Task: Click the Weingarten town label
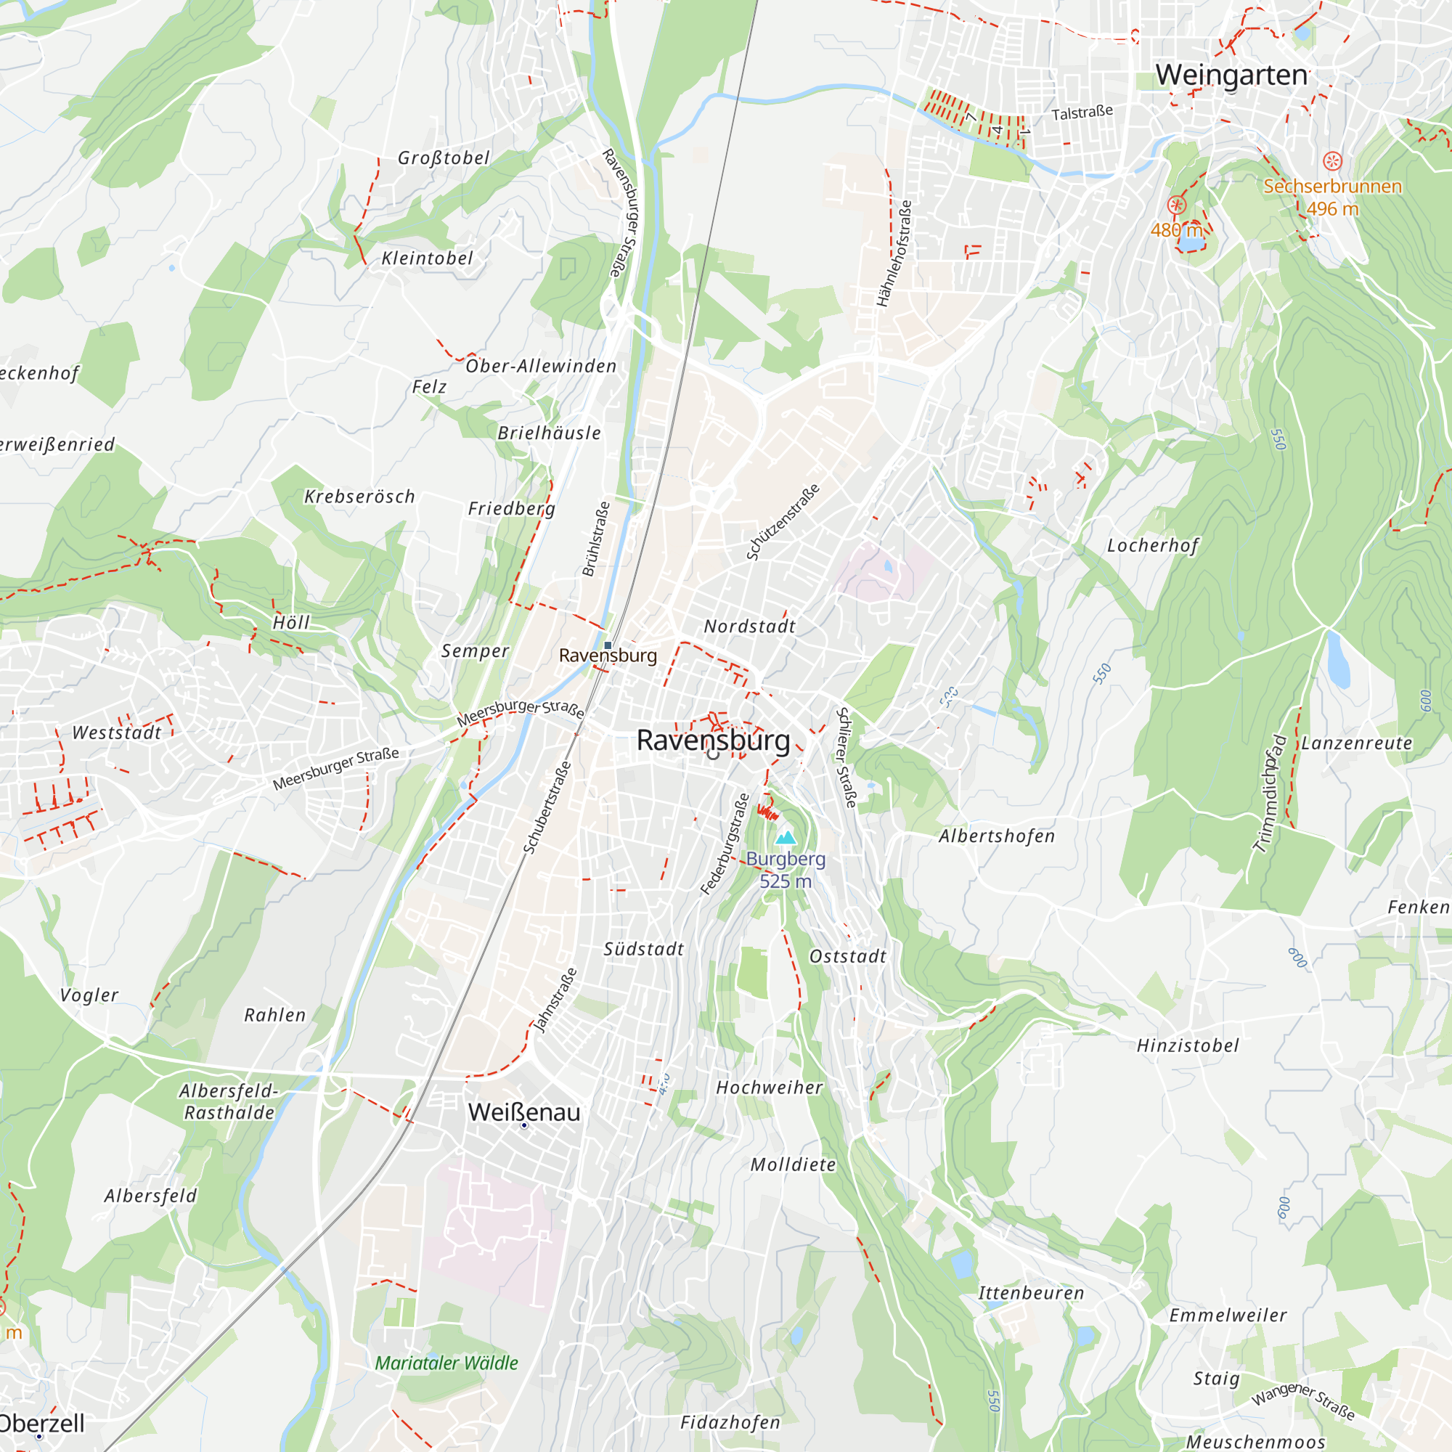pos(1232,76)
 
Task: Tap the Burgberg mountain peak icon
pos(786,837)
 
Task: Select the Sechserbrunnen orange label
pos(1331,187)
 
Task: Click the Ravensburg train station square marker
pos(608,645)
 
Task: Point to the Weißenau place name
pos(524,1112)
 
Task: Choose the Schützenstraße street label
pos(783,522)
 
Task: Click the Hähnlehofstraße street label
pos(894,253)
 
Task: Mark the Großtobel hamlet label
pos(444,158)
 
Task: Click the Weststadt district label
pos(116,733)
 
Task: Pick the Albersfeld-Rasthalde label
pos(229,1102)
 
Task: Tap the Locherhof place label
pos(1152,546)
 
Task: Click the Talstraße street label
pos(1082,113)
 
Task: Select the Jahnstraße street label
pos(555,1000)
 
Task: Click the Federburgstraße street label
pos(725,844)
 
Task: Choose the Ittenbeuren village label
pos(1031,1294)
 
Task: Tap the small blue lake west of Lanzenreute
pos(1338,660)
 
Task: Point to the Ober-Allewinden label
pos(541,366)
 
